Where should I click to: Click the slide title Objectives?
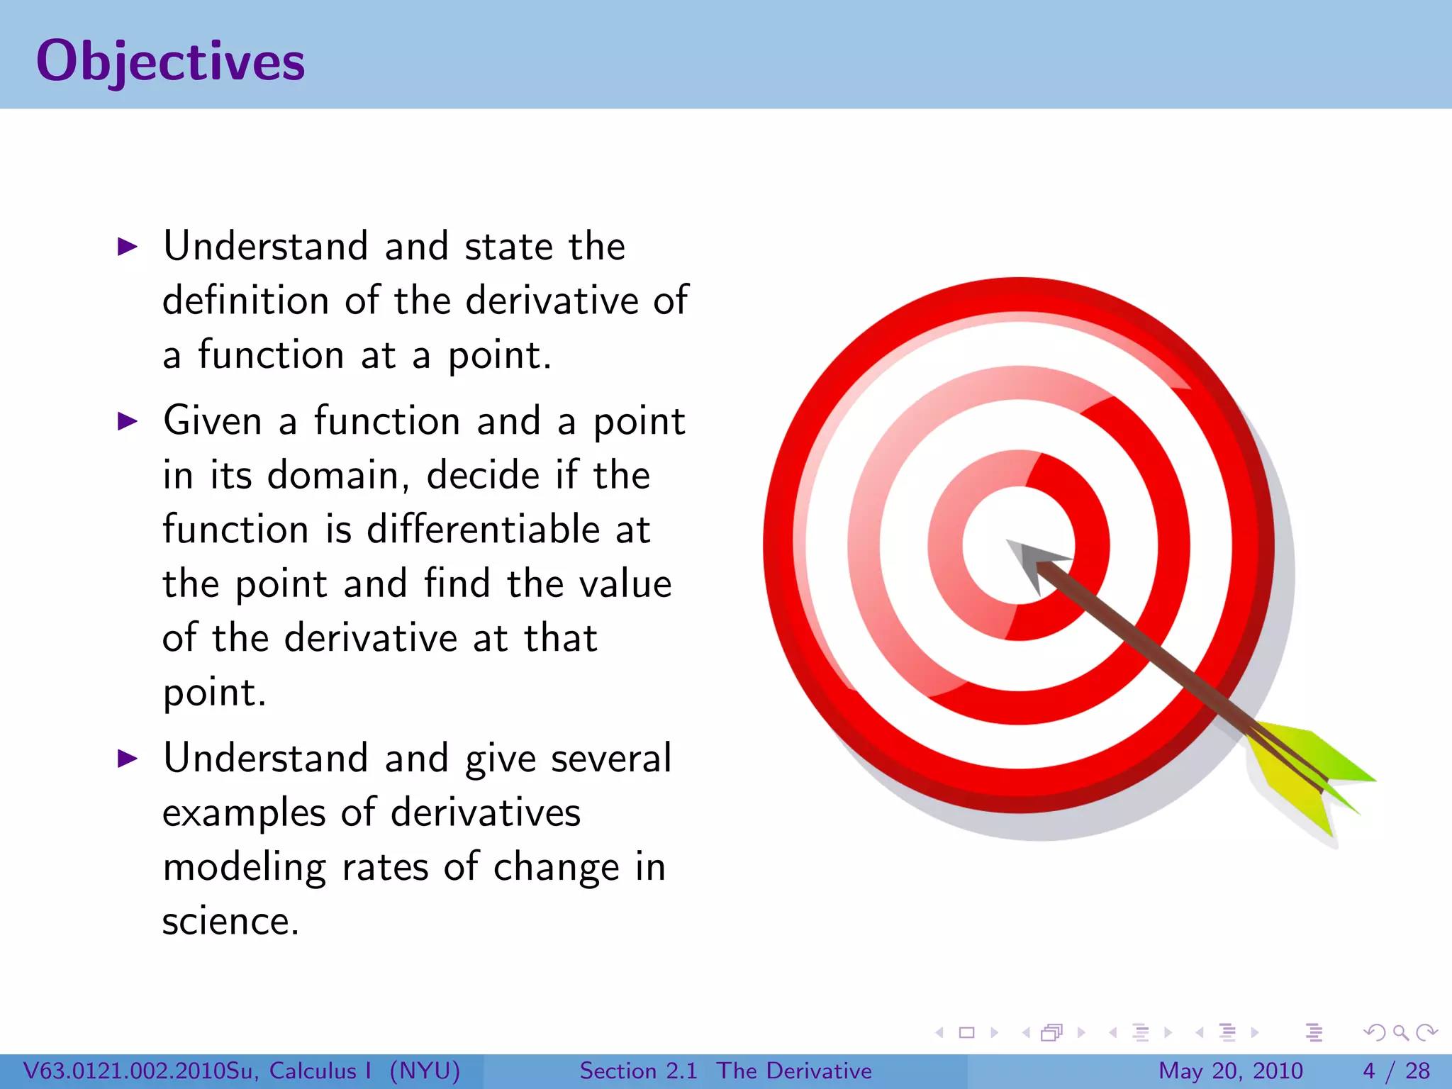(x=170, y=62)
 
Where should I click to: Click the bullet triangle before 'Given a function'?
(x=128, y=421)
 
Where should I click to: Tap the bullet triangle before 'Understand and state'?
(x=128, y=247)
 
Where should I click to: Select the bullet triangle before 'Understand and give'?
(x=128, y=759)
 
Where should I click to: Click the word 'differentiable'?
(x=484, y=530)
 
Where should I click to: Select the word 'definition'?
(x=245, y=301)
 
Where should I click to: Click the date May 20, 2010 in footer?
(x=1231, y=1071)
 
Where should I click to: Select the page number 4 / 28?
(x=1396, y=1071)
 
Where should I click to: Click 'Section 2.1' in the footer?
(x=638, y=1071)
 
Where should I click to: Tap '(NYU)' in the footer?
(x=425, y=1071)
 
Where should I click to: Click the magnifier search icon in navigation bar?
(x=1400, y=1032)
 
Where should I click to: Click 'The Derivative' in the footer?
(x=794, y=1071)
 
